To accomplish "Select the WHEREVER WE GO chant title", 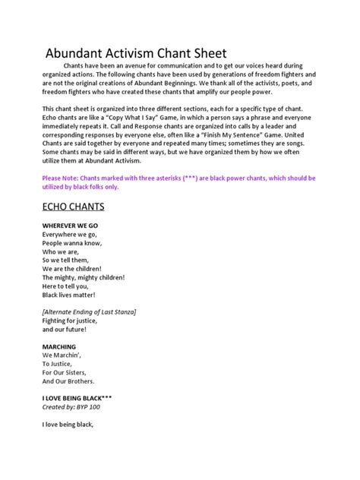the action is (x=70, y=226).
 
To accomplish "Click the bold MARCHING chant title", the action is (x=59, y=346).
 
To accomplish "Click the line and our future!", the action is (x=65, y=330).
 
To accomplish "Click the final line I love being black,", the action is (x=68, y=425).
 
